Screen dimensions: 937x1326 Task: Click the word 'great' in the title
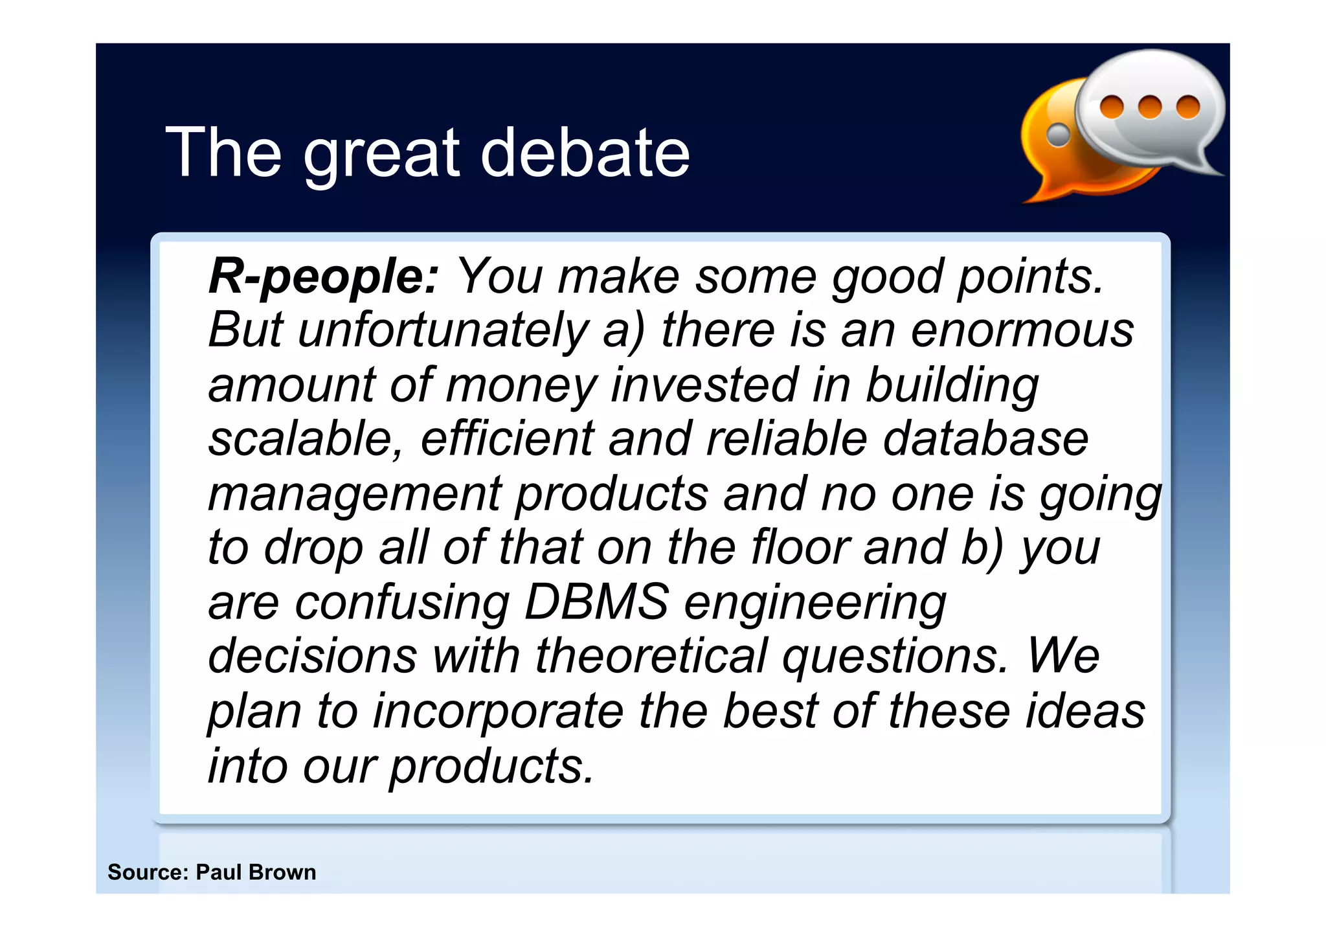coord(381,155)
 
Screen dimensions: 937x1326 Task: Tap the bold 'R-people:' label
coord(324,277)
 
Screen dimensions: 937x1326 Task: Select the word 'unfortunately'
coord(443,331)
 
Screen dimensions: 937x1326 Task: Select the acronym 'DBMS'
coord(596,602)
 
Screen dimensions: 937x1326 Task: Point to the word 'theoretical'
coord(651,656)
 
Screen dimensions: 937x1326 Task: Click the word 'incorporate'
coord(498,712)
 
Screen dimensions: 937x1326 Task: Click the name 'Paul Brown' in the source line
coord(256,872)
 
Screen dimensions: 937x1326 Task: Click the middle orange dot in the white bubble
coord(1149,107)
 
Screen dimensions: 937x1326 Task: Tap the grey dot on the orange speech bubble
coord(1059,135)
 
